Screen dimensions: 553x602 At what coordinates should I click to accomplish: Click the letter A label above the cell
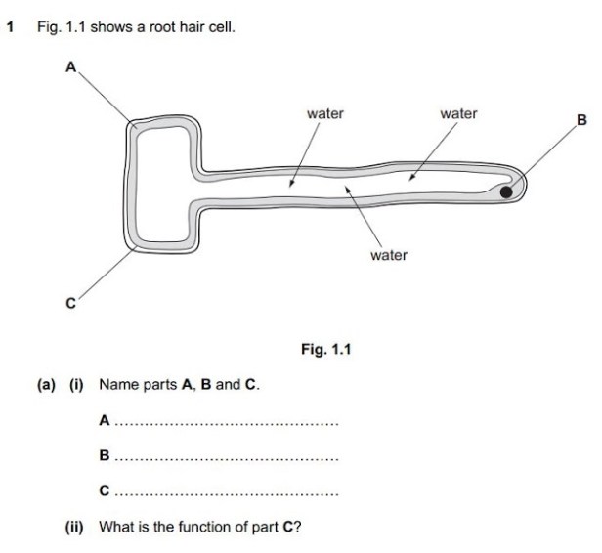(70, 68)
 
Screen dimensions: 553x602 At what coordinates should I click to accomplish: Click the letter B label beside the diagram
(581, 120)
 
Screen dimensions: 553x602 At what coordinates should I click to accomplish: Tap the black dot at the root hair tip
(506, 192)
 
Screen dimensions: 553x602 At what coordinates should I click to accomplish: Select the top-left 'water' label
(325, 114)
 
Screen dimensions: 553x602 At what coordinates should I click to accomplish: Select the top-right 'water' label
(458, 114)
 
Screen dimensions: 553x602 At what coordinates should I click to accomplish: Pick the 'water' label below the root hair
(388, 255)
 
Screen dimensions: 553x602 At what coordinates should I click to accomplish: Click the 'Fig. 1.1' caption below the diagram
(325, 348)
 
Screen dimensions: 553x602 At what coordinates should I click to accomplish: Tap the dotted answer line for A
(225, 424)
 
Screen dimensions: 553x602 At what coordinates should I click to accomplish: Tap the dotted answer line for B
(225, 458)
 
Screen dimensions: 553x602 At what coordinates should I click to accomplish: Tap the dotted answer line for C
(225, 493)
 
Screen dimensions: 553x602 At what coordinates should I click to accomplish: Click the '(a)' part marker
(46, 385)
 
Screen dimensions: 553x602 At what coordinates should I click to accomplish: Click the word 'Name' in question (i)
(117, 385)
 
